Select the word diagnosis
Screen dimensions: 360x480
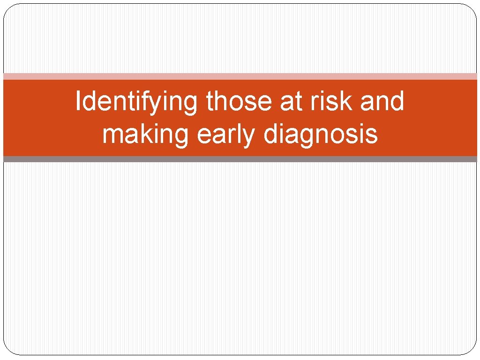(x=321, y=135)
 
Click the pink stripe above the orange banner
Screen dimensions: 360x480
(x=240, y=76)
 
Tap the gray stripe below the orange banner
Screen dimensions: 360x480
(x=240, y=159)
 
